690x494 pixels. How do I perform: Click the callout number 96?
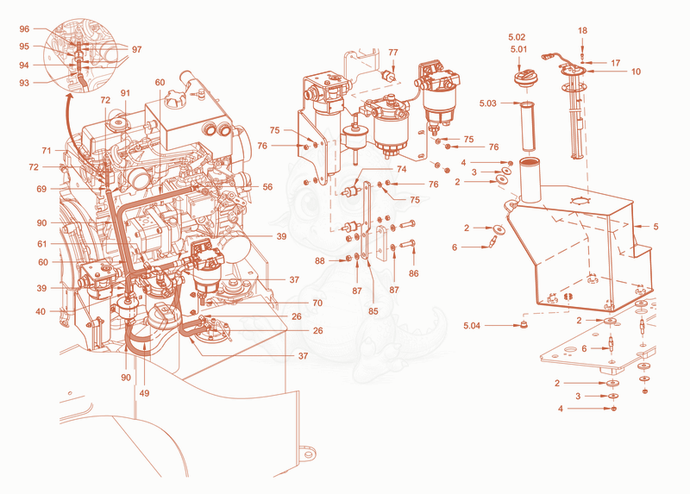tap(24, 29)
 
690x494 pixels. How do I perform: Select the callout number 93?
tap(24, 83)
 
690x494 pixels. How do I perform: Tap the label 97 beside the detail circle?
tap(137, 49)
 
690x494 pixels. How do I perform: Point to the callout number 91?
tap(125, 93)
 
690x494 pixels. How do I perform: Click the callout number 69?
tap(41, 189)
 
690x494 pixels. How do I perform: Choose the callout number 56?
tap(267, 187)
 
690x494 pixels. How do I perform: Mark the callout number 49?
tap(144, 393)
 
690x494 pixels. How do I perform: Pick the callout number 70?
tap(317, 303)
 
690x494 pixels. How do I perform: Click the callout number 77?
tap(393, 53)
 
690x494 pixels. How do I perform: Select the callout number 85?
tap(373, 311)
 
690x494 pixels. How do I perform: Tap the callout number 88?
tap(320, 261)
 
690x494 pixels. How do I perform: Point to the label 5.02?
tap(517, 37)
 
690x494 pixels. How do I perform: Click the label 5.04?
tap(472, 326)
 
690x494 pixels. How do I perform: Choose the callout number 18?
tap(582, 31)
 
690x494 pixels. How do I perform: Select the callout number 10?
tap(637, 72)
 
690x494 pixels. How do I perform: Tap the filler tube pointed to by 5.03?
tap(527, 126)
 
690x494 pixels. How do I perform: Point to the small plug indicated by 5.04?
tap(524, 325)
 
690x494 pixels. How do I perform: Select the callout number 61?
tap(41, 244)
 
